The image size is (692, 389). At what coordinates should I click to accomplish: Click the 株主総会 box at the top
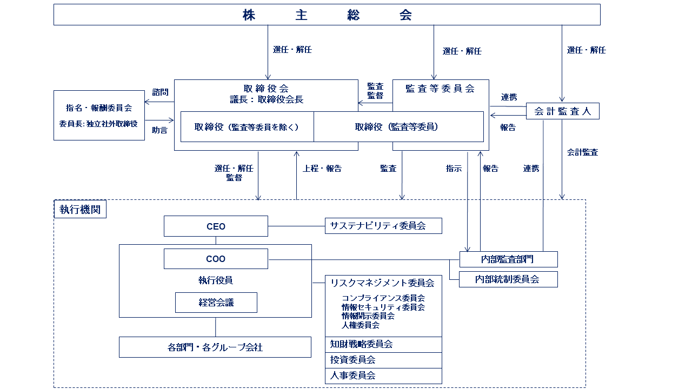click(327, 15)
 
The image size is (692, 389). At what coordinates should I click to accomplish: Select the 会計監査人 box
click(562, 111)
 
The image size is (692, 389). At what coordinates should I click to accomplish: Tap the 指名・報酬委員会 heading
click(99, 108)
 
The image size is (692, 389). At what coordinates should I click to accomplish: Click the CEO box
click(216, 226)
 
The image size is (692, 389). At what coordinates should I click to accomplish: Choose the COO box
click(216, 259)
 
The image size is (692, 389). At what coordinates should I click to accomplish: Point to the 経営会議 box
click(216, 303)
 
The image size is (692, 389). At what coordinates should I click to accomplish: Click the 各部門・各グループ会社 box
click(215, 347)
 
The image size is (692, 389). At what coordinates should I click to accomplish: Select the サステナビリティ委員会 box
click(383, 226)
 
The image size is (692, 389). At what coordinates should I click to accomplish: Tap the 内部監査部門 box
click(508, 259)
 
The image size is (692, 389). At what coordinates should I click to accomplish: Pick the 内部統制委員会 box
click(508, 279)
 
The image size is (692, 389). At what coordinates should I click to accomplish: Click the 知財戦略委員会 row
click(383, 344)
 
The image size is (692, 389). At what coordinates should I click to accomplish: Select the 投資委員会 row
click(383, 360)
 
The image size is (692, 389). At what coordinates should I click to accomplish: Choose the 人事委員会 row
click(383, 375)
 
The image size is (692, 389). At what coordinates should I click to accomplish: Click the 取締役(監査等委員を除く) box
click(247, 127)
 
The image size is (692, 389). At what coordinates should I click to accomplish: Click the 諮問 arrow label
click(160, 92)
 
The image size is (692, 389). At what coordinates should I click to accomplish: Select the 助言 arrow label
click(159, 130)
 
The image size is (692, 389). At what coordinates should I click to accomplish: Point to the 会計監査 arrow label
click(582, 152)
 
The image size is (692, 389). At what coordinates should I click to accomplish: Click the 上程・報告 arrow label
click(322, 169)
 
